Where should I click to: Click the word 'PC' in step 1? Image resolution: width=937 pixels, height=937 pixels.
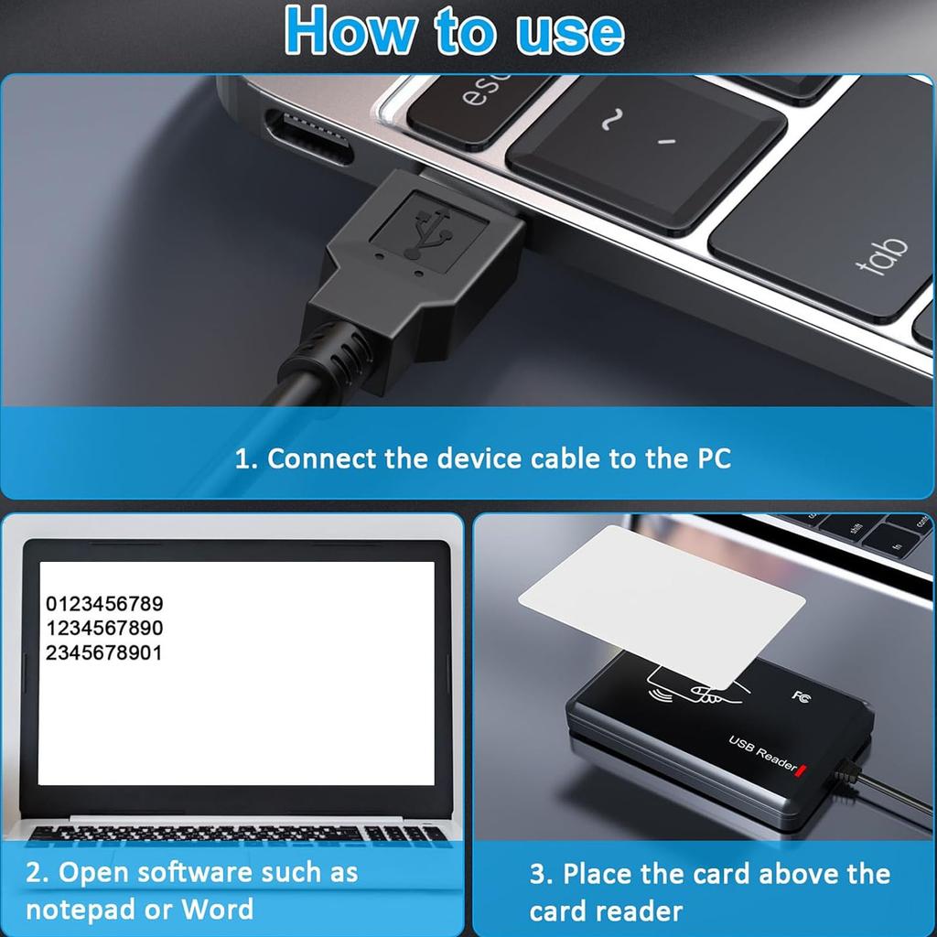click(x=708, y=458)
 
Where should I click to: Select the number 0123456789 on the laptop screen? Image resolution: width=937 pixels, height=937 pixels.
click(x=104, y=604)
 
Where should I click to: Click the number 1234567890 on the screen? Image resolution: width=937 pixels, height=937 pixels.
click(x=104, y=629)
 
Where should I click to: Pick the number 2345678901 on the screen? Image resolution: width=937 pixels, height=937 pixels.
click(x=104, y=653)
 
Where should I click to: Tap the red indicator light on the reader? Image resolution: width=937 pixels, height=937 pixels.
click(x=802, y=772)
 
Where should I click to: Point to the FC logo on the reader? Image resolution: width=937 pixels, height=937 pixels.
click(x=800, y=696)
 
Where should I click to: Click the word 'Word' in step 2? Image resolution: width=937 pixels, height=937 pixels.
click(x=217, y=910)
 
